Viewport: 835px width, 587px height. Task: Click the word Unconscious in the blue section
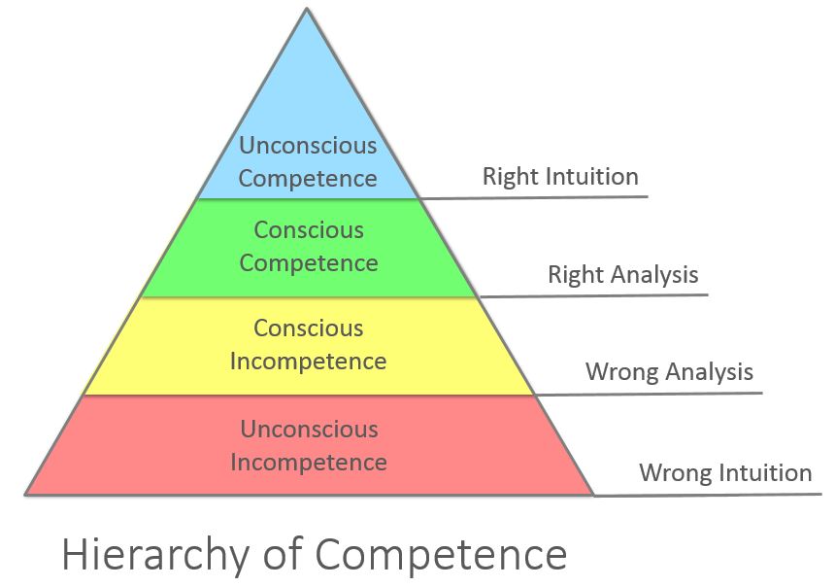[308, 145]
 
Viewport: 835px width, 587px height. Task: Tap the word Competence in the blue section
[308, 179]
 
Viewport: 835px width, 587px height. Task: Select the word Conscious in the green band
[309, 230]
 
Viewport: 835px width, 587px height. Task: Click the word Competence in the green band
[309, 263]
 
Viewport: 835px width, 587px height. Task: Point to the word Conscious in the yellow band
[309, 328]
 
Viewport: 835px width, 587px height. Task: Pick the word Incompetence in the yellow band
[309, 362]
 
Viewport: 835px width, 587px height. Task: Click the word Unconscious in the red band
[310, 430]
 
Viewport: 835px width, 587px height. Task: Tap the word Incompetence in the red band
[309, 463]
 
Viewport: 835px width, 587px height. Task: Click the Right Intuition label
[560, 177]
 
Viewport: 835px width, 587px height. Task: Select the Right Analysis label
[623, 275]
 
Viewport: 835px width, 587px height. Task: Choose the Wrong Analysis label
[669, 371]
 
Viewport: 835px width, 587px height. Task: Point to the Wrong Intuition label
[725, 473]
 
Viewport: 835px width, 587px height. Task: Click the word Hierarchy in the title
[155, 555]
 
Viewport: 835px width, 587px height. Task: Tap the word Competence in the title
[442, 555]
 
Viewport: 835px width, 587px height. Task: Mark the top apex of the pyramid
[307, 8]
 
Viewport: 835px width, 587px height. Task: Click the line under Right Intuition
[534, 198]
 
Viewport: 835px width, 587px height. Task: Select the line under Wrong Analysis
[648, 394]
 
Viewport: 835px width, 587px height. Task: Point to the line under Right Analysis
[594, 295]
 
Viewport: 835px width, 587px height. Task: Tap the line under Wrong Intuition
[708, 495]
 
